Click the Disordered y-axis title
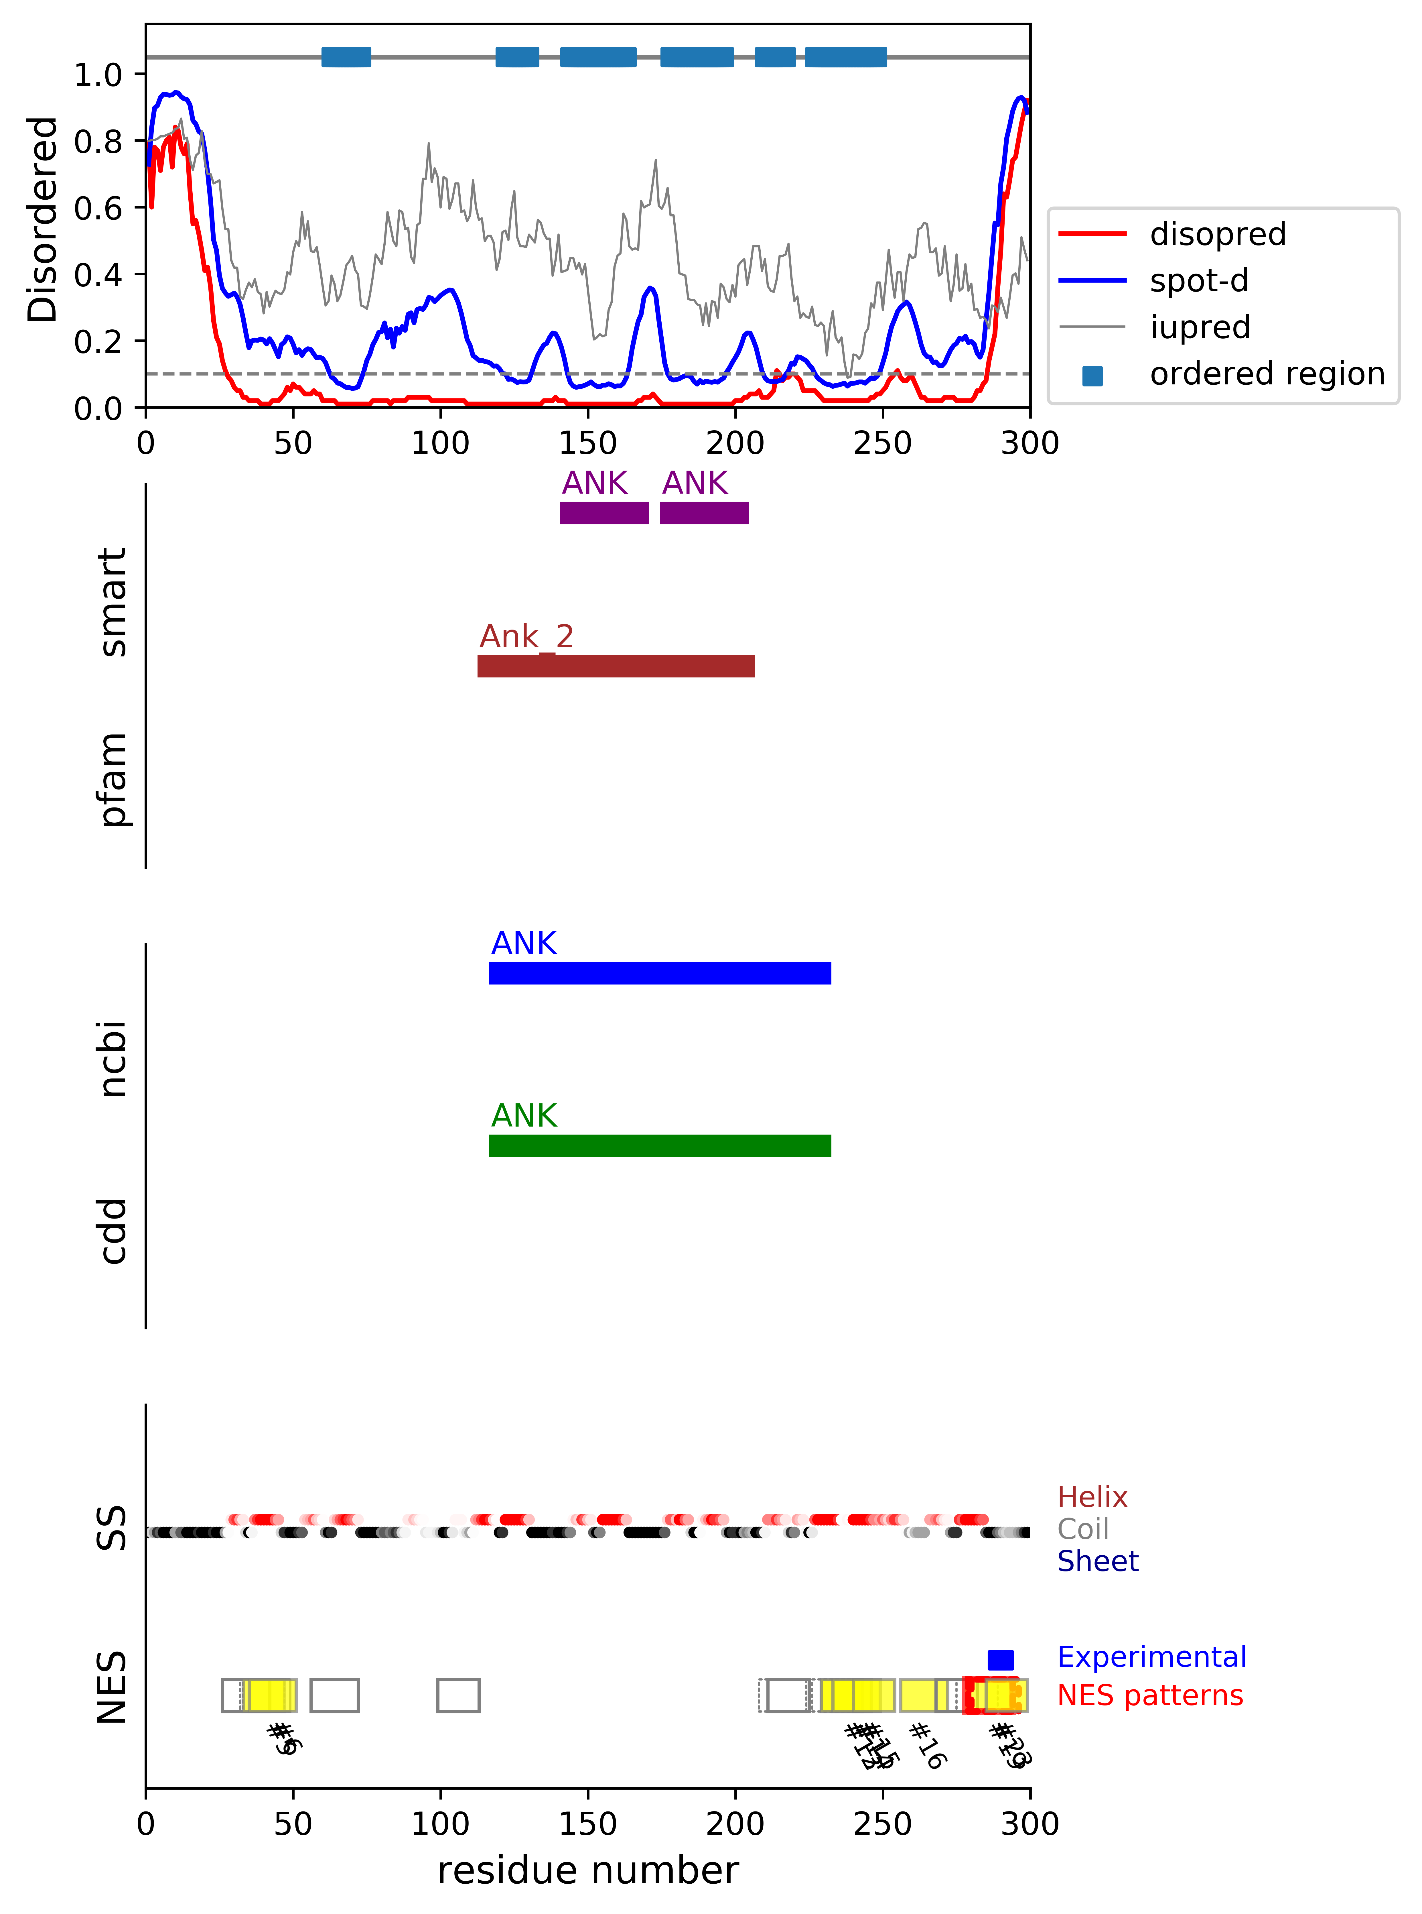(x=41, y=219)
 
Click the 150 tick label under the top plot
(x=588, y=443)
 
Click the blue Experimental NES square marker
(x=1000, y=1658)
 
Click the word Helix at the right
(x=1091, y=1496)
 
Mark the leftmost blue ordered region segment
(x=346, y=57)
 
